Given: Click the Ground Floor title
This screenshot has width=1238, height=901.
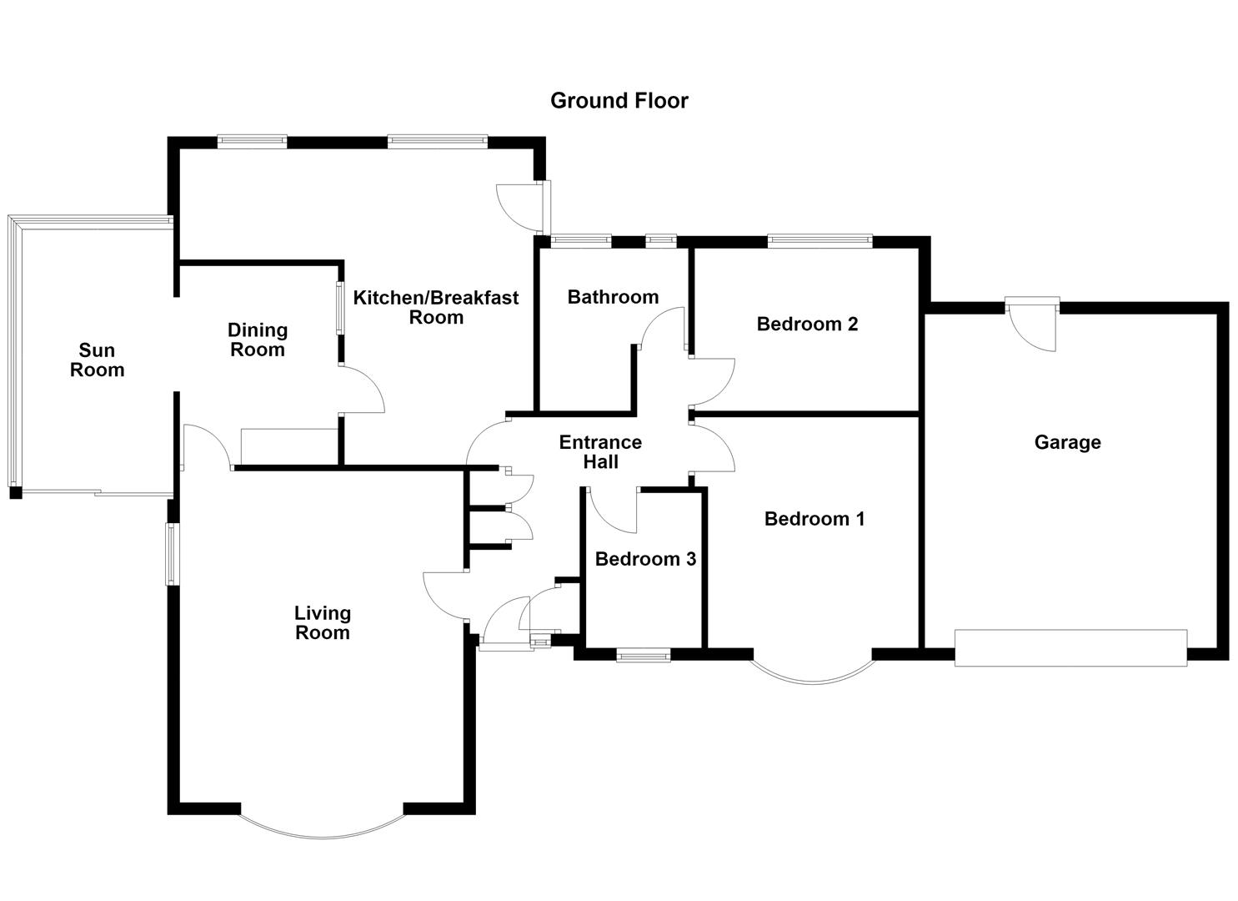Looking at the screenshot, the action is (x=619, y=101).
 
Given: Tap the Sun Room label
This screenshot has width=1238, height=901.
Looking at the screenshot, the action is (x=98, y=360).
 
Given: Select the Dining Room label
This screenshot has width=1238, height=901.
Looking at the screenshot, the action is (x=258, y=340).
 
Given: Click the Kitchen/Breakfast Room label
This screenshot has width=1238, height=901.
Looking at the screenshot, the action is (x=436, y=308).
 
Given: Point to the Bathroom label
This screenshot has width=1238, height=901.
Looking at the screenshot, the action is (x=613, y=297).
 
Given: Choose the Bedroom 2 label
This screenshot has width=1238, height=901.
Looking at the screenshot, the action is (x=807, y=324).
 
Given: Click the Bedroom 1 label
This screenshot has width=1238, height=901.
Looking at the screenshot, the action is (x=814, y=519).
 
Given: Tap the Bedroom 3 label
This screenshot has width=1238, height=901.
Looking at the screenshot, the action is (x=645, y=559).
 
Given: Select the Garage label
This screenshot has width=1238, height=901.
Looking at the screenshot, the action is (x=1067, y=442).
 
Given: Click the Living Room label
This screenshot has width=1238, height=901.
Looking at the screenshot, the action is (x=322, y=623).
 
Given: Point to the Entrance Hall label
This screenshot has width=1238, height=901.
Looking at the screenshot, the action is (x=600, y=452).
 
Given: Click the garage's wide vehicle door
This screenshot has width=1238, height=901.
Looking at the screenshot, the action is (x=1070, y=647).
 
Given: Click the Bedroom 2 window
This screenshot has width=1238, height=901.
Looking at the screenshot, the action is (x=819, y=241).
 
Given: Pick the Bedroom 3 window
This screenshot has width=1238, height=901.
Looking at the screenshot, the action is (x=644, y=656).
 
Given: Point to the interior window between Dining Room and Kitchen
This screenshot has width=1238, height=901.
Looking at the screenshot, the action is (x=340, y=308).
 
